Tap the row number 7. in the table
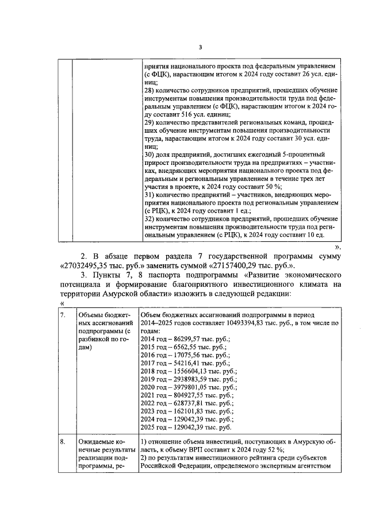click(x=63, y=315)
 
